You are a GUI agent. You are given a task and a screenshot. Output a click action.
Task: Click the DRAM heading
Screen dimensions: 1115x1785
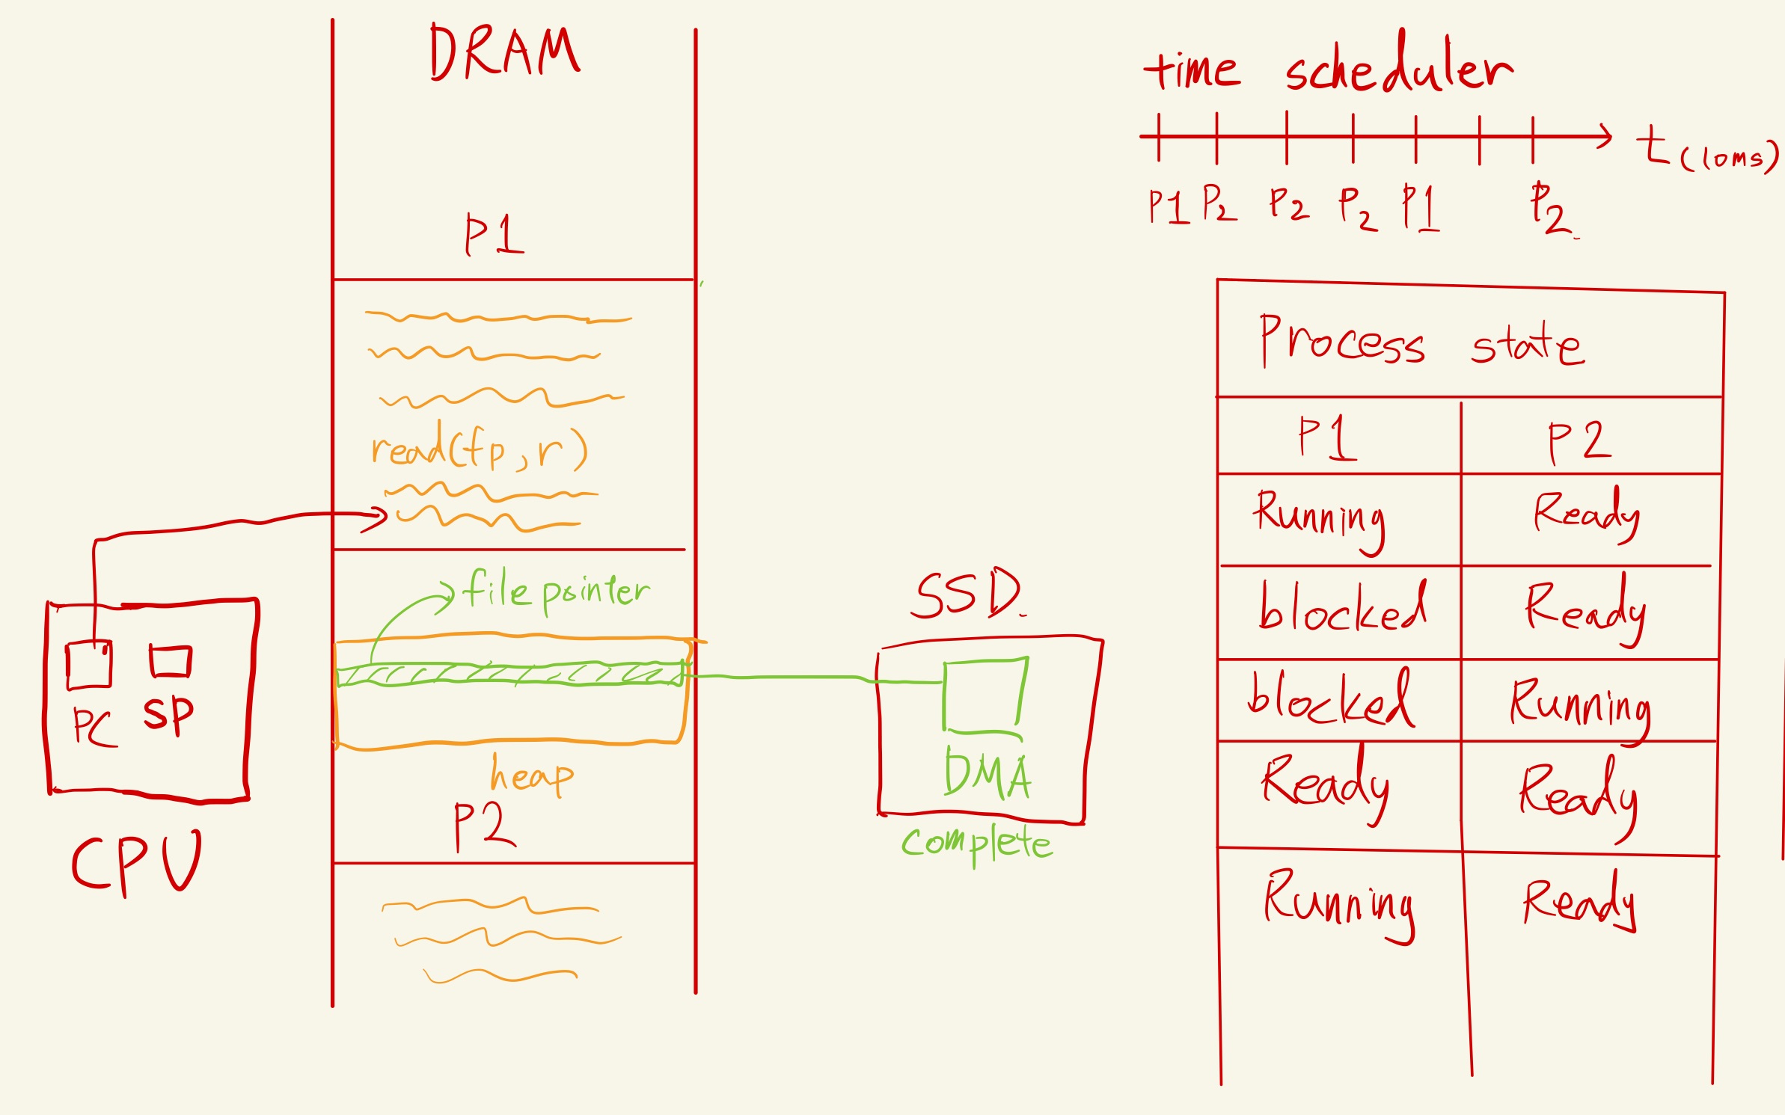coord(504,52)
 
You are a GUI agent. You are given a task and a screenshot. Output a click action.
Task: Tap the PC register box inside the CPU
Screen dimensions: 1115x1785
coord(89,664)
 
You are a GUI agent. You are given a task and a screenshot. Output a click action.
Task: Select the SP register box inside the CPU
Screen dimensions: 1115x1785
coord(171,661)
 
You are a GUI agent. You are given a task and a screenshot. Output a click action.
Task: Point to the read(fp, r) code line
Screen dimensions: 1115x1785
coord(479,449)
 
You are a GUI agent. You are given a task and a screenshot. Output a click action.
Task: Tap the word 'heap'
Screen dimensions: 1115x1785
coord(531,775)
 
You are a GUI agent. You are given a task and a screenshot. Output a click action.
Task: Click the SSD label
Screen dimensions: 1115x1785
coord(967,595)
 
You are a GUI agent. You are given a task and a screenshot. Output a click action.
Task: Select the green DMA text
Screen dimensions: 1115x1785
coord(988,775)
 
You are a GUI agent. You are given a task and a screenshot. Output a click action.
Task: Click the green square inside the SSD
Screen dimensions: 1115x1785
coord(984,694)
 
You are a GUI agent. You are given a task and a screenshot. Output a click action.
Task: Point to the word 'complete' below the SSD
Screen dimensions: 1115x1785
coord(976,844)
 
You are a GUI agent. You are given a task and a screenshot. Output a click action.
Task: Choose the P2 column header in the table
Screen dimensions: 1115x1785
coord(1579,441)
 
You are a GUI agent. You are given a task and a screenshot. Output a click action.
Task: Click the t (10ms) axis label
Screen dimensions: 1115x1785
coord(1706,150)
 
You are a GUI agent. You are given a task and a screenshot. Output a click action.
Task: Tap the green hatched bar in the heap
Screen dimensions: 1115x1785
coord(509,675)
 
